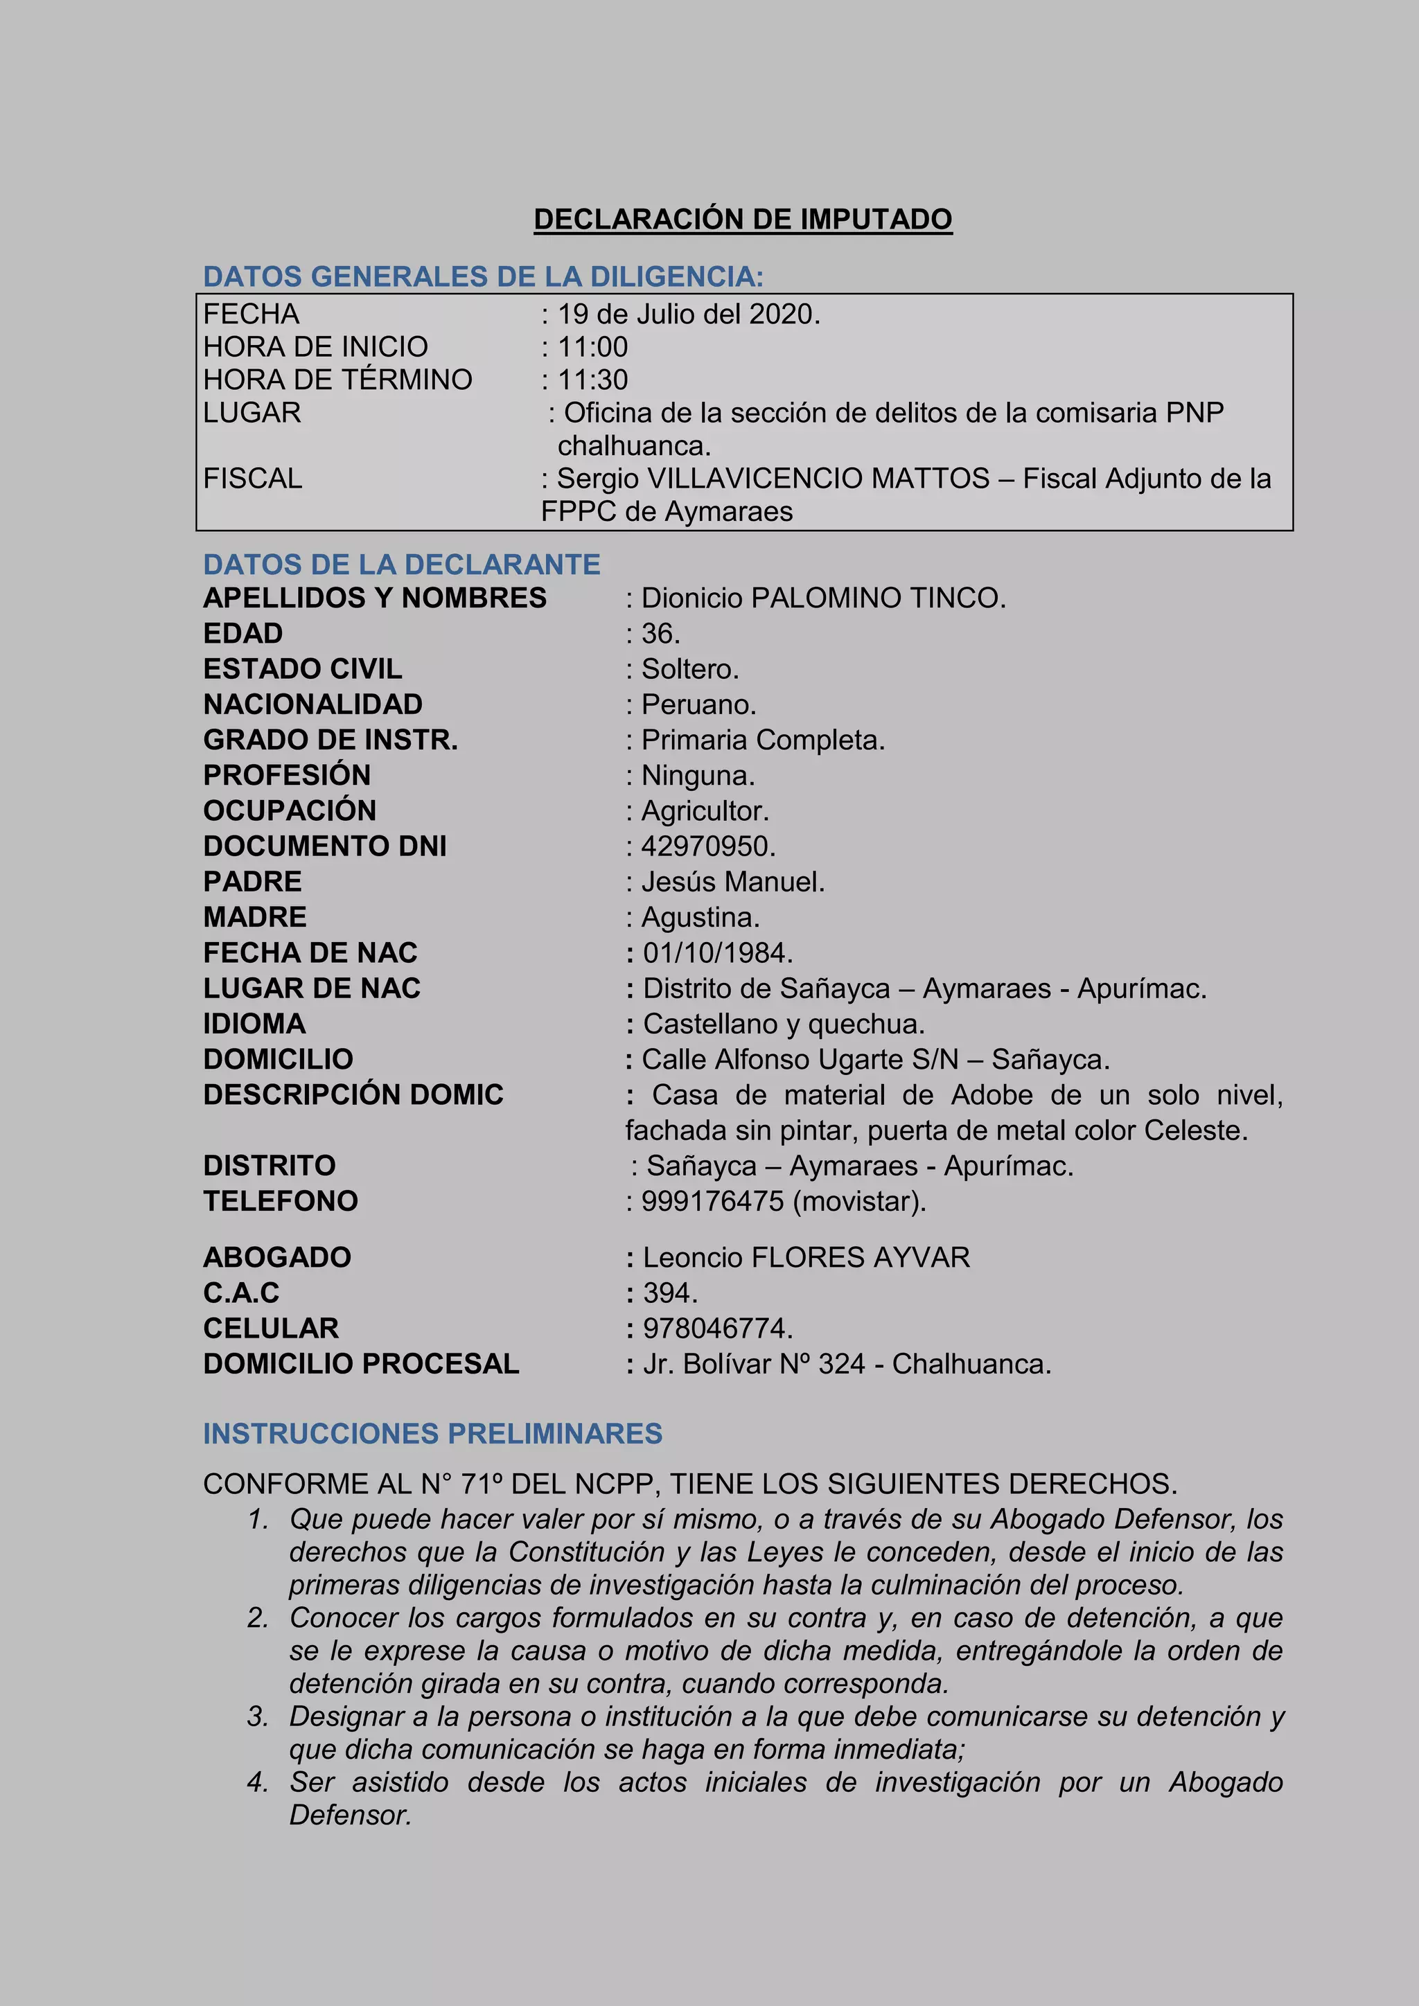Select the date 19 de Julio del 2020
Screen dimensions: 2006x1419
tap(689, 314)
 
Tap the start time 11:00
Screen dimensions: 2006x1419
tap(592, 347)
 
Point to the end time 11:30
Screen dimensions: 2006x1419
tap(592, 380)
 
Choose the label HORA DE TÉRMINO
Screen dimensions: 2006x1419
tap(337, 380)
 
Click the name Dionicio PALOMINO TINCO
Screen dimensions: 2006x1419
tap(823, 598)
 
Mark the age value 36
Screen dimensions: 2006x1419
tap(660, 633)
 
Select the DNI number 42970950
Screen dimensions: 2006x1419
tap(707, 846)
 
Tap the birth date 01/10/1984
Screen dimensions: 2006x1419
tap(717, 952)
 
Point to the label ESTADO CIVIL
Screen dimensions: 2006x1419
tap(302, 669)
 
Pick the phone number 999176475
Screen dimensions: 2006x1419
tap(712, 1201)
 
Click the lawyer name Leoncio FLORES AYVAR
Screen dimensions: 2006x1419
tap(806, 1257)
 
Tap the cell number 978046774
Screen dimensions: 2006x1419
tap(716, 1328)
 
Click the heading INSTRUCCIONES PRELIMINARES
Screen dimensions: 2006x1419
tap(432, 1434)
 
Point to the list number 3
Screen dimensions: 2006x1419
tap(257, 1717)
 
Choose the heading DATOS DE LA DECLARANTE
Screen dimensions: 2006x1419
tap(401, 565)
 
